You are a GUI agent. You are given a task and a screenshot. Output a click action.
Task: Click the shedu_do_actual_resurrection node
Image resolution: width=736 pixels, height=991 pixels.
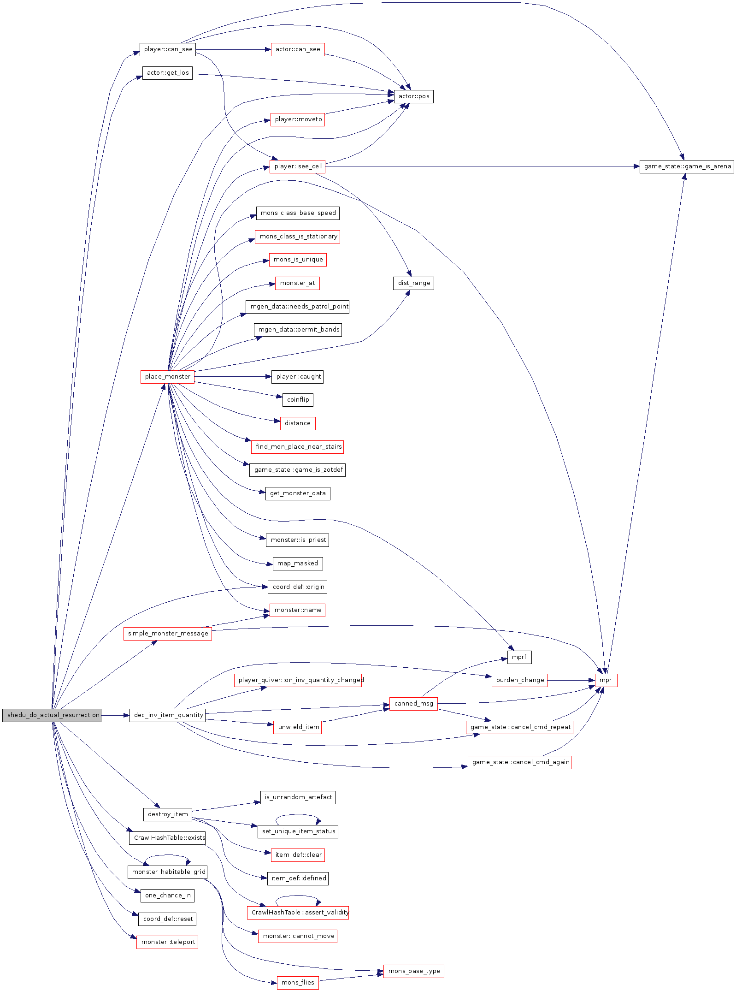(52, 715)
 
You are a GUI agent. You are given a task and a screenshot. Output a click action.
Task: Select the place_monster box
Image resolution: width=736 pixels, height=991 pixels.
(167, 377)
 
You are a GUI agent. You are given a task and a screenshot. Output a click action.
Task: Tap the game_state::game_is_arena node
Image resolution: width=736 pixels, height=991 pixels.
(687, 166)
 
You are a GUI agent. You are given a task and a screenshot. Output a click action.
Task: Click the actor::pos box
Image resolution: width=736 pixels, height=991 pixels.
(413, 96)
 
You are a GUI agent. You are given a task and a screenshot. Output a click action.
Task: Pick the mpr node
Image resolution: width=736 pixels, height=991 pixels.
(606, 680)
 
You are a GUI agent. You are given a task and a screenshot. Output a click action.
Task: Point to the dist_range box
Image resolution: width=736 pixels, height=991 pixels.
(413, 283)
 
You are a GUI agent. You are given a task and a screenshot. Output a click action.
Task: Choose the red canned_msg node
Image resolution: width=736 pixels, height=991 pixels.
(413, 704)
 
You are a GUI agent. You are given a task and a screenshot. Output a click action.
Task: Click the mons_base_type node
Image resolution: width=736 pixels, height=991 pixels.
(413, 971)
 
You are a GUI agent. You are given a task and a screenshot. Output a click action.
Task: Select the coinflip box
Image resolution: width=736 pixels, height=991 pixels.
(298, 400)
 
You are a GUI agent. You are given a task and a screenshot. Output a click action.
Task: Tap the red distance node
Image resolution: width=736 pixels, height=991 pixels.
(298, 423)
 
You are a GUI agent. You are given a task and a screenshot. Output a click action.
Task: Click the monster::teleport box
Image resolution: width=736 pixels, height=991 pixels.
(167, 942)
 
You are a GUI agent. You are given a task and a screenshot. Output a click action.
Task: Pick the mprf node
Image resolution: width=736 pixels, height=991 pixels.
(519, 657)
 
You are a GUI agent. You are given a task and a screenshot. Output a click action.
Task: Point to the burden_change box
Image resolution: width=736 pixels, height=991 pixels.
(519, 680)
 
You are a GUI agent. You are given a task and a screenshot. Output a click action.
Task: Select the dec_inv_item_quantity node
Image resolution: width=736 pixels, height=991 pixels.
(167, 715)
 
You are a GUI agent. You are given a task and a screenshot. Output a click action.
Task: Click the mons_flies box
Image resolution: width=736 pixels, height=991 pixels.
(298, 983)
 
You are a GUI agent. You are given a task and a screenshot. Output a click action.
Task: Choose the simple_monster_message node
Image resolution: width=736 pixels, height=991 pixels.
(167, 634)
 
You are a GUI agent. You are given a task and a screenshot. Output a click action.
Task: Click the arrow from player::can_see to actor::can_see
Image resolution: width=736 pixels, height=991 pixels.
(233, 49)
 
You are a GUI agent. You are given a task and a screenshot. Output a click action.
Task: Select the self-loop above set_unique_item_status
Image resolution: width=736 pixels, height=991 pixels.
(298, 815)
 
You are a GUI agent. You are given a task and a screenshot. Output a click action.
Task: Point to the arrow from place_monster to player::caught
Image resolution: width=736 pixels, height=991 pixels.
(233, 377)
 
